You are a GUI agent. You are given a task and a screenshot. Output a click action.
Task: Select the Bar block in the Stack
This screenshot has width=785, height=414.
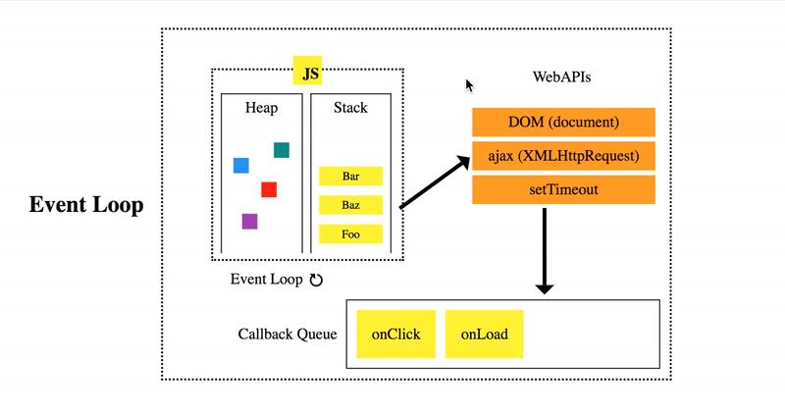click(x=350, y=178)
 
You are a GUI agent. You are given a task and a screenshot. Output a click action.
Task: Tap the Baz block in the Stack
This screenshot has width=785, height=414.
click(x=350, y=206)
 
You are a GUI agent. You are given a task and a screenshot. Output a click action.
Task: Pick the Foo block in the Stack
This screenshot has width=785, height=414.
click(x=350, y=235)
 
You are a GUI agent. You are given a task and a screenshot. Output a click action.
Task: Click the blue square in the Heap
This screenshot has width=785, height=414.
click(x=240, y=165)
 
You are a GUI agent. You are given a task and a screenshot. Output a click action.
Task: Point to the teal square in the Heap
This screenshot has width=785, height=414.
click(x=282, y=150)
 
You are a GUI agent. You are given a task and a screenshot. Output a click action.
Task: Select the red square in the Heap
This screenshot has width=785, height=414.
click(x=269, y=189)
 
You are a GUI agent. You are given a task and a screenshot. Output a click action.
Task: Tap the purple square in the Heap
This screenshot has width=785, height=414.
click(x=250, y=222)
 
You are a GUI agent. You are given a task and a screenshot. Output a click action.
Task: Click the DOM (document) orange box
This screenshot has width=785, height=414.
click(x=563, y=123)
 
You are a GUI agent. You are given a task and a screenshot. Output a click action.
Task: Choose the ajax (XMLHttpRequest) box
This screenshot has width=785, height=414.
click(x=563, y=156)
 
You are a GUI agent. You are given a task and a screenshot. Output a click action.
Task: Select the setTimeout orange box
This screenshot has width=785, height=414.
click(x=563, y=189)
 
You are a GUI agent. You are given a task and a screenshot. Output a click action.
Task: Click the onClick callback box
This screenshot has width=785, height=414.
click(x=395, y=335)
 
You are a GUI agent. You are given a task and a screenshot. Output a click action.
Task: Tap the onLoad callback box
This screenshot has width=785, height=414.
click(x=484, y=335)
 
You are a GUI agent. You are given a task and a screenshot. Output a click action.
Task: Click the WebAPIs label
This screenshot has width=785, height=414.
click(x=561, y=77)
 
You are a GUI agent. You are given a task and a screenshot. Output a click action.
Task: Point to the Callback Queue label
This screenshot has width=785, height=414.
click(x=288, y=335)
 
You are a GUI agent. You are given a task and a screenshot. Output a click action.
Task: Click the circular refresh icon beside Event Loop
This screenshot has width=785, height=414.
click(x=316, y=280)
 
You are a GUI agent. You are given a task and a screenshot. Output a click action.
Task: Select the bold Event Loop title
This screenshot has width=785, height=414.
click(x=86, y=206)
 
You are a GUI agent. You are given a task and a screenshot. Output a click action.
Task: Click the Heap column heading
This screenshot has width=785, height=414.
click(x=261, y=107)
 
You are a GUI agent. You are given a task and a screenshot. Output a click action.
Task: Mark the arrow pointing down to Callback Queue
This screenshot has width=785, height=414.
click(x=545, y=250)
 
